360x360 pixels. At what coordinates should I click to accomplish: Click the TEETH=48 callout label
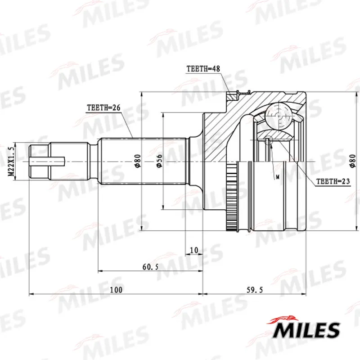pyautogui.click(x=203, y=69)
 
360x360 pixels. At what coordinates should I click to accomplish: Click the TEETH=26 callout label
pyautogui.click(x=103, y=108)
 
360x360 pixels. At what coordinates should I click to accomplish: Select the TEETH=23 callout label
pyautogui.click(x=333, y=181)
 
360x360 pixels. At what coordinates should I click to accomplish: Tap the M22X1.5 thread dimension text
pyautogui.click(x=11, y=162)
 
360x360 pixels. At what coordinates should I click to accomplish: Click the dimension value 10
pyautogui.click(x=194, y=250)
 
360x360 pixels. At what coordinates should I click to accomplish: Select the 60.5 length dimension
pyautogui.click(x=150, y=267)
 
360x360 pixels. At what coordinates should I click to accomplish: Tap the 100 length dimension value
pyautogui.click(x=116, y=290)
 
